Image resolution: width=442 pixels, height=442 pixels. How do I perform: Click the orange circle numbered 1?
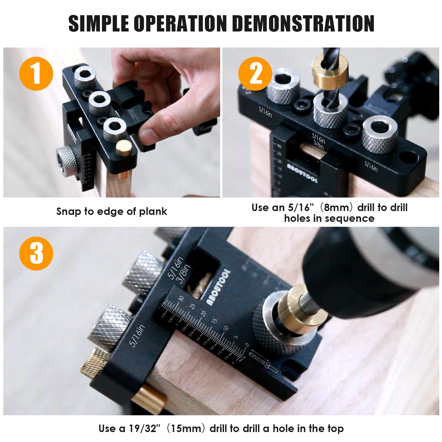click(x=36, y=73)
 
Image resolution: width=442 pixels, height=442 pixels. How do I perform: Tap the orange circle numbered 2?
click(x=255, y=73)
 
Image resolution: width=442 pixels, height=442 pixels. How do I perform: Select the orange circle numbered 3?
click(x=36, y=253)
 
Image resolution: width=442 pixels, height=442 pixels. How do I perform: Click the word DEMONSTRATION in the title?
click(x=303, y=24)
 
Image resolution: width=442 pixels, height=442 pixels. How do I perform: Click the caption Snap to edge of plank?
click(x=112, y=211)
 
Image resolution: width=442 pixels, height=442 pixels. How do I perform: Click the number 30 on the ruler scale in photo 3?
click(x=181, y=299)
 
